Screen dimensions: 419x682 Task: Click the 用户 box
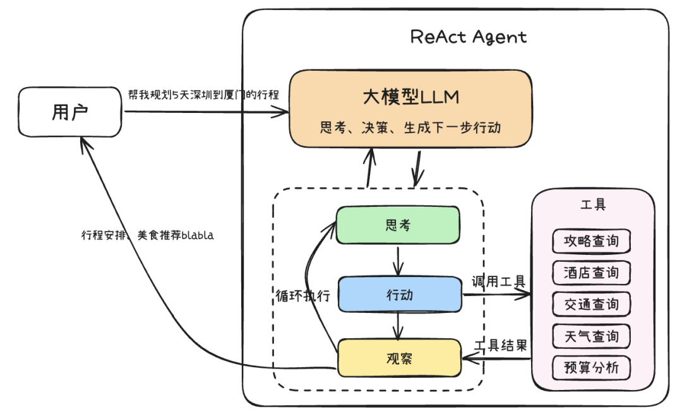coord(69,112)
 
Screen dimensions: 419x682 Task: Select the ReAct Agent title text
coord(468,37)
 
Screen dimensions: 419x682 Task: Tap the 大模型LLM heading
coord(410,97)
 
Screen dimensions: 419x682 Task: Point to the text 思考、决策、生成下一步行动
coord(410,127)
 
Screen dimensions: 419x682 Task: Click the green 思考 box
coord(397,225)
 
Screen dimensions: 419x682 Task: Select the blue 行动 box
coord(400,294)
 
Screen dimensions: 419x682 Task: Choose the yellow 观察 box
coord(399,358)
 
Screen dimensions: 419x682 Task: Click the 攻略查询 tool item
coord(591,241)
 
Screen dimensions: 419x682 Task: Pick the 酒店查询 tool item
coord(591,273)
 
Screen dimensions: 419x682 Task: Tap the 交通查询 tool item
coord(591,304)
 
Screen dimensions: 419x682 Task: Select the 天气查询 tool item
coord(591,336)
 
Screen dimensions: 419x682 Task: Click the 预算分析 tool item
coord(591,368)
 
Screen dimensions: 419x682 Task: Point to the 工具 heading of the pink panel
coord(592,205)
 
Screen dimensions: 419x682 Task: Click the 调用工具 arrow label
coord(498,281)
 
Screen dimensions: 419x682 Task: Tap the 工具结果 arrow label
coord(500,345)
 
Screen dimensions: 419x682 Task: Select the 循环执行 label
coord(303,295)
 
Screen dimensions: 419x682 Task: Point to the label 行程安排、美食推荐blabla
coord(147,235)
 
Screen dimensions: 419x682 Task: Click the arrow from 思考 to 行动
coord(397,259)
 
